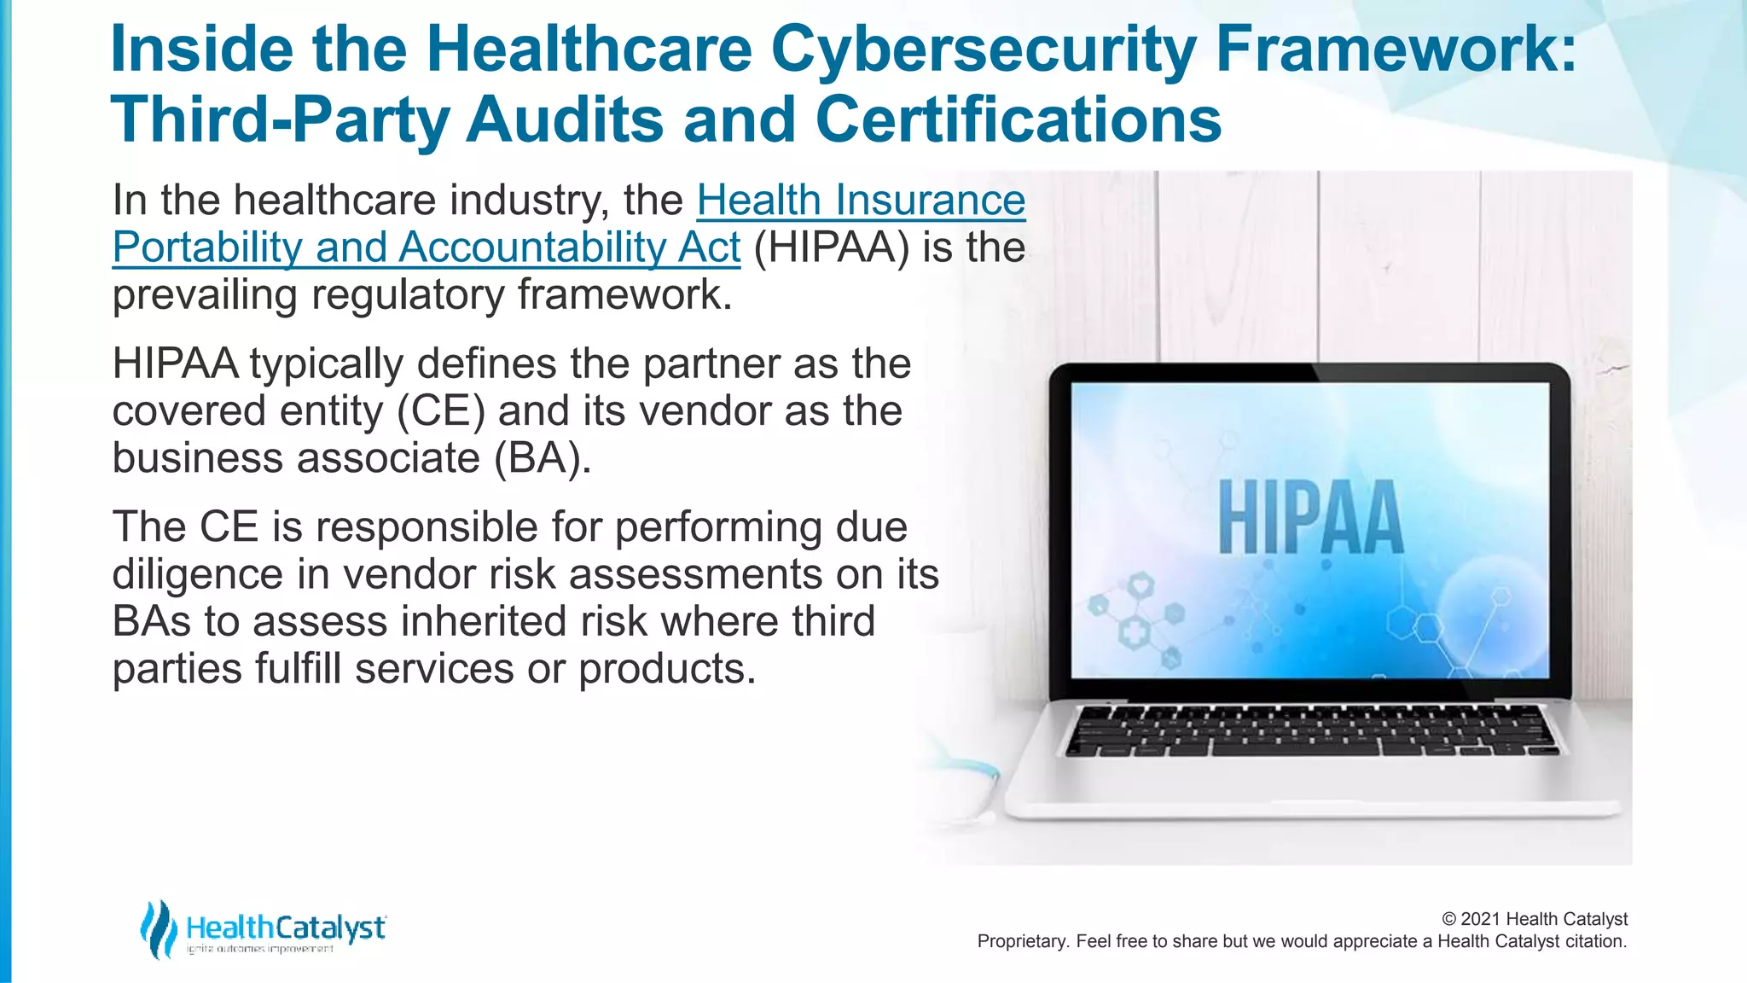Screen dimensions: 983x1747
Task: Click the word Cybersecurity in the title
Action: (x=983, y=49)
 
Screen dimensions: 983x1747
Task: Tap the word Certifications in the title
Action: (x=1019, y=119)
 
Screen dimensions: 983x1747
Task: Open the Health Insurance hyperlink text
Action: (x=861, y=201)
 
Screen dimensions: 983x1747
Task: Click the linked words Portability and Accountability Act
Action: (x=427, y=247)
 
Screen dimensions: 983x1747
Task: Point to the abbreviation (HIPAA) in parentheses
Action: (x=831, y=247)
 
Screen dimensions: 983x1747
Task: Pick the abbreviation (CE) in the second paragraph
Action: (x=441, y=411)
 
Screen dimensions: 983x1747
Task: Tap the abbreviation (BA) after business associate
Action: (x=543, y=458)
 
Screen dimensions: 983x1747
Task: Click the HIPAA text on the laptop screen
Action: (x=1310, y=518)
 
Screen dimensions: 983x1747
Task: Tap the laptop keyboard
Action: (x=1312, y=730)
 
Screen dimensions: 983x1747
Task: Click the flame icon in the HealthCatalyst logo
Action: (x=158, y=928)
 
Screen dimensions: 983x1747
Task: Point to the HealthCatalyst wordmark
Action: (x=286, y=928)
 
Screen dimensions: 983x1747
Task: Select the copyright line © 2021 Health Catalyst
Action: (x=1534, y=919)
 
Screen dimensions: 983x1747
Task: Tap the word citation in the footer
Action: (x=1594, y=941)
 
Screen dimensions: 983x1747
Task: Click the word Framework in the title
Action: (x=1396, y=49)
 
